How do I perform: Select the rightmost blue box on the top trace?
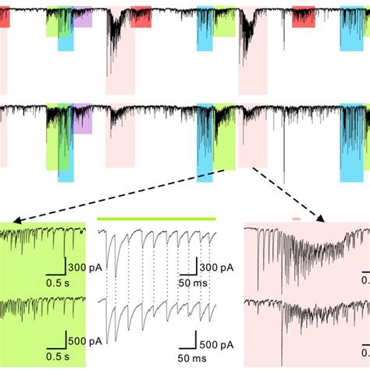coord(351,31)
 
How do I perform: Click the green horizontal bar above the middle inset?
coord(156,219)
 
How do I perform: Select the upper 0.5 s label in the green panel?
coord(55,282)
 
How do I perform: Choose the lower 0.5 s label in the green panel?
coord(55,358)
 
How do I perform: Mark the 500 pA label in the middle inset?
coord(212,344)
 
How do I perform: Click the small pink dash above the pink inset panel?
coord(296,219)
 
